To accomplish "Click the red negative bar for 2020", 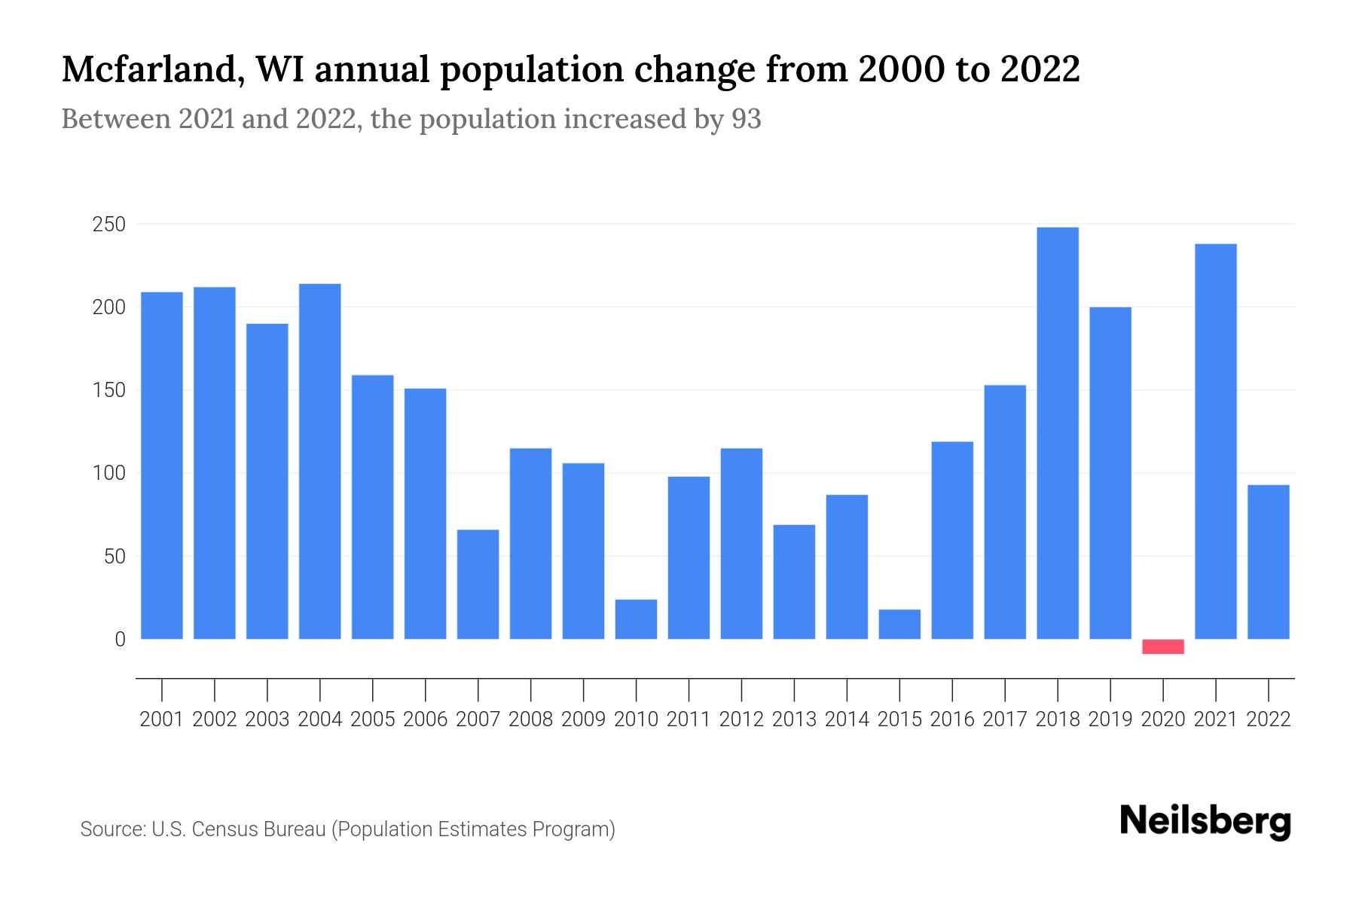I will (x=1163, y=646).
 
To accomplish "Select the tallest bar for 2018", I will (x=1058, y=433).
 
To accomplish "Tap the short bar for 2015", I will (x=899, y=625).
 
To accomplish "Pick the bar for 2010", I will (x=636, y=619).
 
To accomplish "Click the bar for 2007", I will (x=478, y=585).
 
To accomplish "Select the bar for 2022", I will (x=1269, y=562).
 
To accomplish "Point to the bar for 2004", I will (x=319, y=461).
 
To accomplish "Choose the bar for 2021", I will (x=1216, y=441).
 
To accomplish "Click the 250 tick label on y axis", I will (x=108, y=224).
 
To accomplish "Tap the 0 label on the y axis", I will (x=120, y=640).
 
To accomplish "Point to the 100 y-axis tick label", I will (x=108, y=474).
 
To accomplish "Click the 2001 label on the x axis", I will (x=161, y=719).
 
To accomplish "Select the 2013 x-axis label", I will (x=794, y=719).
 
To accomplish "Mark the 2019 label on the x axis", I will (x=1110, y=719).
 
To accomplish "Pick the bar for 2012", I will (x=741, y=544).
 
